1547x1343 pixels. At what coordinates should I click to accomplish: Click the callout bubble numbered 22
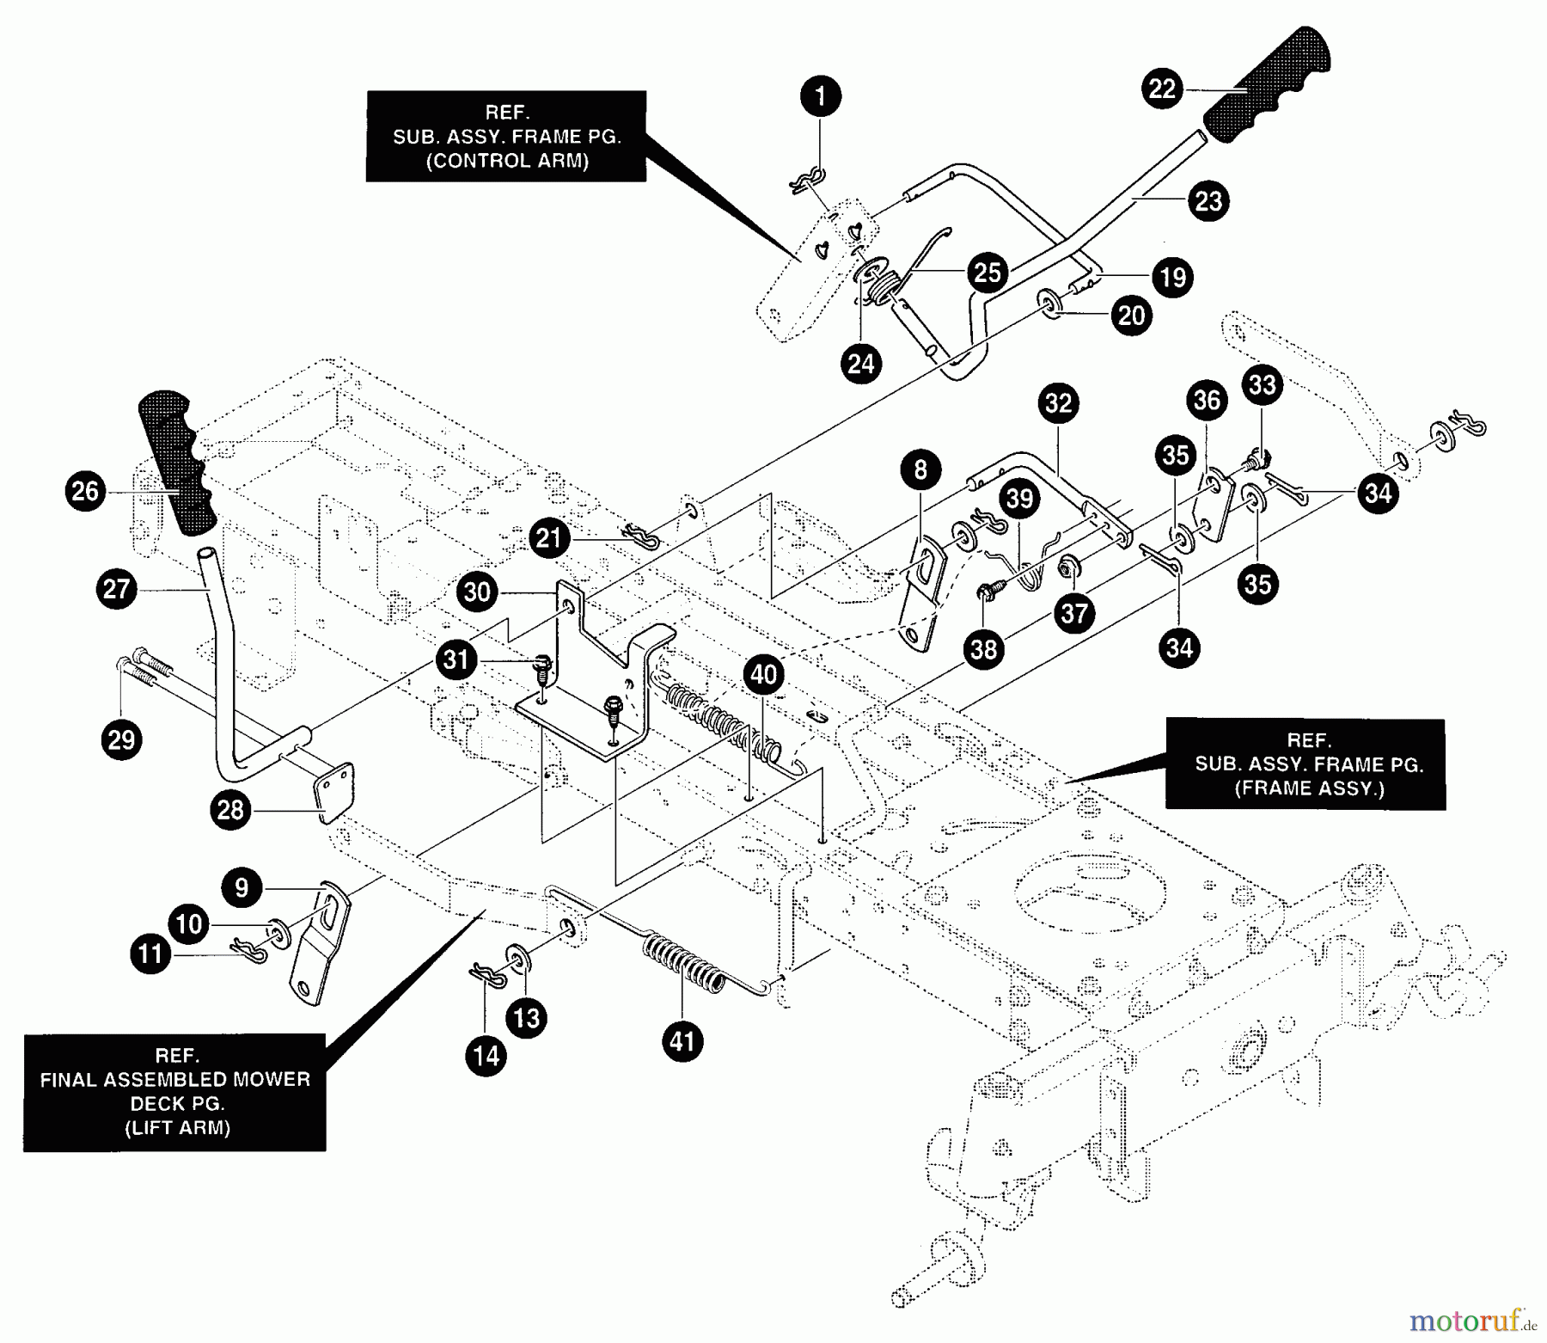1162,89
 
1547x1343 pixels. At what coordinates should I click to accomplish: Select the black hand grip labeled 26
177,463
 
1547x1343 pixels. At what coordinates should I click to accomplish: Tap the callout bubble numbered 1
820,96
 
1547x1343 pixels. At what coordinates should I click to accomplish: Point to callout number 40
763,675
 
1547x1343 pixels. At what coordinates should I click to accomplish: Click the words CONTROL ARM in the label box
507,161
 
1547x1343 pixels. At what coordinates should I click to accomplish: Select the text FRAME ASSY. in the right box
1309,788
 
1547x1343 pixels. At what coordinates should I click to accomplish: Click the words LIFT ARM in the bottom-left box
177,1128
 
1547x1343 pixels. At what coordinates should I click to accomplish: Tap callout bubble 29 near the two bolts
121,739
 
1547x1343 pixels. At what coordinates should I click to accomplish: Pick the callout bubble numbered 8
920,469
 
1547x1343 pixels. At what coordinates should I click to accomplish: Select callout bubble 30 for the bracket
477,592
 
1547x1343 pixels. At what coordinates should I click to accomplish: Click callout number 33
1262,384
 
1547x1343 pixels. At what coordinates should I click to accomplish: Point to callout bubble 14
486,1055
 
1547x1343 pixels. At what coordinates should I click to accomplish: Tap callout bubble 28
230,810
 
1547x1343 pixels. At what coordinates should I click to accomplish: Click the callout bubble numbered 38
983,649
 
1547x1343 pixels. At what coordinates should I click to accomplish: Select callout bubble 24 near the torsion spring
860,364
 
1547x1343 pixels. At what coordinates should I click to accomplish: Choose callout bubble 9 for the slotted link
242,887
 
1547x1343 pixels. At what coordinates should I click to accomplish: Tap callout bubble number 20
1131,316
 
